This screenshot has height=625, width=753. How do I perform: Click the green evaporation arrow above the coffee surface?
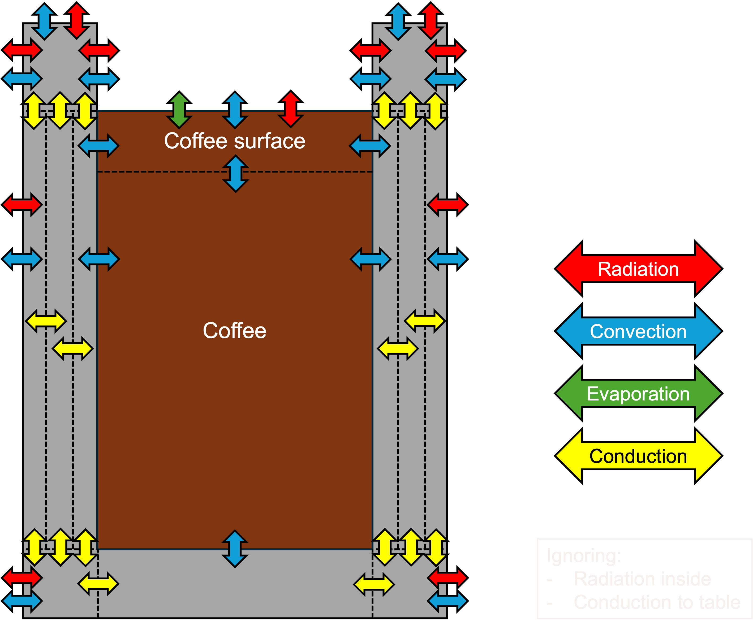[x=179, y=110]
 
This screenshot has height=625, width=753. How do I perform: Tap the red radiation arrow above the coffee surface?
[x=290, y=109]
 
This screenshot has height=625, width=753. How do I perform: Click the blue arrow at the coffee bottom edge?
[x=235, y=549]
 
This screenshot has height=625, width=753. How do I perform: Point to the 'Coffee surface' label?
[x=235, y=141]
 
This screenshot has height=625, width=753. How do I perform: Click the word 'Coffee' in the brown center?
[x=235, y=331]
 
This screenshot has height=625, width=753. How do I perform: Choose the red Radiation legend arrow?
[x=638, y=269]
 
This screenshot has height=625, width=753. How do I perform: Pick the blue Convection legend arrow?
[x=638, y=331]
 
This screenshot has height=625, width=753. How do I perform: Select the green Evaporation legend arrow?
[x=638, y=393]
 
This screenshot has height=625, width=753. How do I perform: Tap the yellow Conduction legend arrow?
[x=638, y=456]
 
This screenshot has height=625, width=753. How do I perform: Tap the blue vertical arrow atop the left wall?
[x=44, y=21]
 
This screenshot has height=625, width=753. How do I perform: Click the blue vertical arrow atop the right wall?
[x=398, y=21]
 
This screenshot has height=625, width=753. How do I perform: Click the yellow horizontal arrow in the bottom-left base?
[x=98, y=584]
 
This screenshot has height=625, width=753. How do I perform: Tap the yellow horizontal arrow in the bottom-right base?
[x=374, y=584]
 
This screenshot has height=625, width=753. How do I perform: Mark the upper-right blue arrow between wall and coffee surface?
[x=370, y=146]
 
